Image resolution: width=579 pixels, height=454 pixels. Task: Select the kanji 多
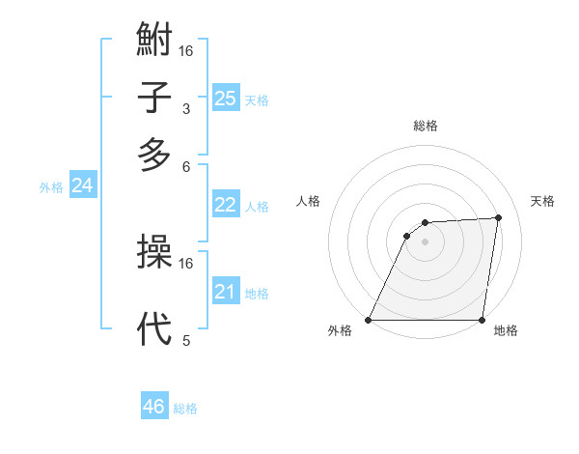(154, 155)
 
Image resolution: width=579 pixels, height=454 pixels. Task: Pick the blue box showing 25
(226, 98)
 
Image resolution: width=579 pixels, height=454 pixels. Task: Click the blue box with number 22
(226, 205)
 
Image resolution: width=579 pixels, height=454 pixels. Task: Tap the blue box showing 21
(226, 292)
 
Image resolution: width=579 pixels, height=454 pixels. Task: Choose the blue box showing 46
(154, 407)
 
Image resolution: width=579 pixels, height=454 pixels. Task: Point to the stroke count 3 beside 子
(186, 109)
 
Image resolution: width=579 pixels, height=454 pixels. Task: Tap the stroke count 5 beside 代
(186, 340)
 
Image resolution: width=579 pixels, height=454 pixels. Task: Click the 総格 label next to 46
(185, 409)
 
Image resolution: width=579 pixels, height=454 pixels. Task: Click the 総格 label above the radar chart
(425, 126)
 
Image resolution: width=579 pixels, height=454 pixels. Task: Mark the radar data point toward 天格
(499, 217)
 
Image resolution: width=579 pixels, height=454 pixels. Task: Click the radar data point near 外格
(369, 320)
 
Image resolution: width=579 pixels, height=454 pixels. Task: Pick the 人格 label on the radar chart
(309, 201)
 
